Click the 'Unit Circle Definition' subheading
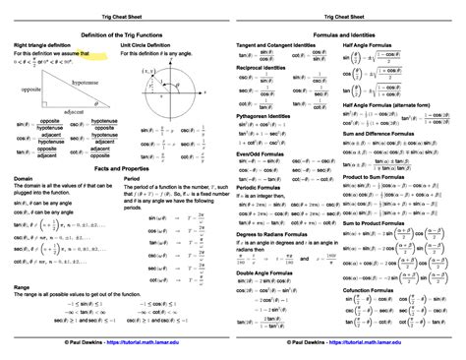pos(154,45)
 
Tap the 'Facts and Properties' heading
pos(116,169)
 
